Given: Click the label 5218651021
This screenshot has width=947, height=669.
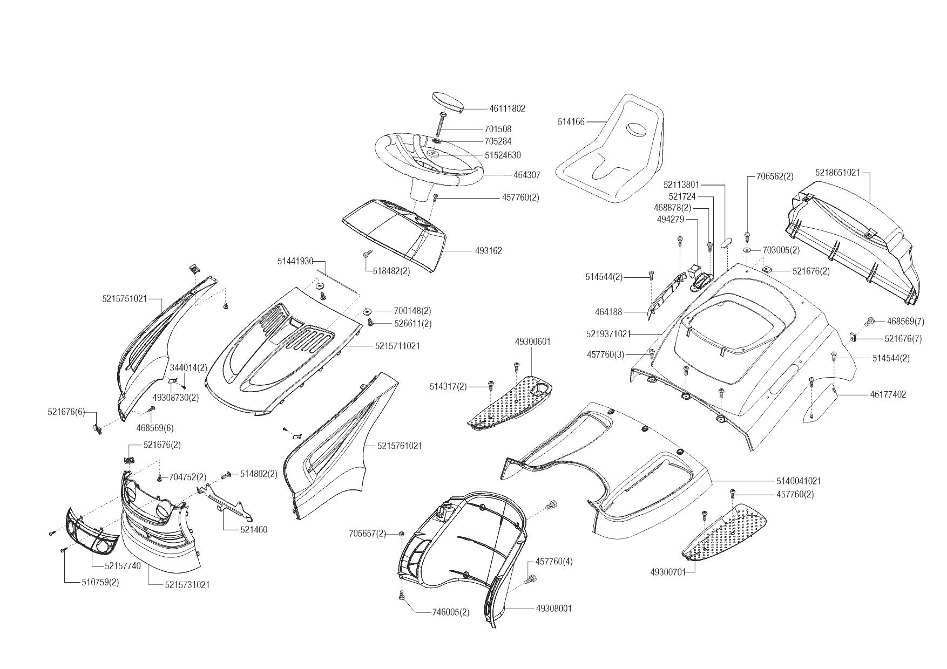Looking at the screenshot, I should click(x=837, y=173).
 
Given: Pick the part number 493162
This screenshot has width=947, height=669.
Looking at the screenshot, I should click(x=489, y=251).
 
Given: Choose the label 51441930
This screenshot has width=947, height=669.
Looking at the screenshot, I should click(x=295, y=261).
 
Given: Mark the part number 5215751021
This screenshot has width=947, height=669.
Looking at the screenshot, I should click(x=124, y=298).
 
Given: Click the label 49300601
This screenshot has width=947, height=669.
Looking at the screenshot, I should click(x=533, y=342).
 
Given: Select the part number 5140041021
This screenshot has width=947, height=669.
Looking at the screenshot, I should click(x=799, y=481).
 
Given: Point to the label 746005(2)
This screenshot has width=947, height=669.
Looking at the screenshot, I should click(x=451, y=612).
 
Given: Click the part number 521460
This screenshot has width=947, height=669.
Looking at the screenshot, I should click(x=254, y=530).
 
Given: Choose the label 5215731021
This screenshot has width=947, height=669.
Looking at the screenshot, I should click(x=187, y=585).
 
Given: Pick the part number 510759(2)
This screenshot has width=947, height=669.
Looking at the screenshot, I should click(x=100, y=583).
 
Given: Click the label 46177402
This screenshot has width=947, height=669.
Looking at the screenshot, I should click(x=888, y=395).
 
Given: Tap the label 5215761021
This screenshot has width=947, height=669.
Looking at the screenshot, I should click(x=400, y=446).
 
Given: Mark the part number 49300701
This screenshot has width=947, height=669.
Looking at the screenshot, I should click(x=668, y=572).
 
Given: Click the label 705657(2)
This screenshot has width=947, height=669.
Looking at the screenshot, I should click(x=367, y=534).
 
